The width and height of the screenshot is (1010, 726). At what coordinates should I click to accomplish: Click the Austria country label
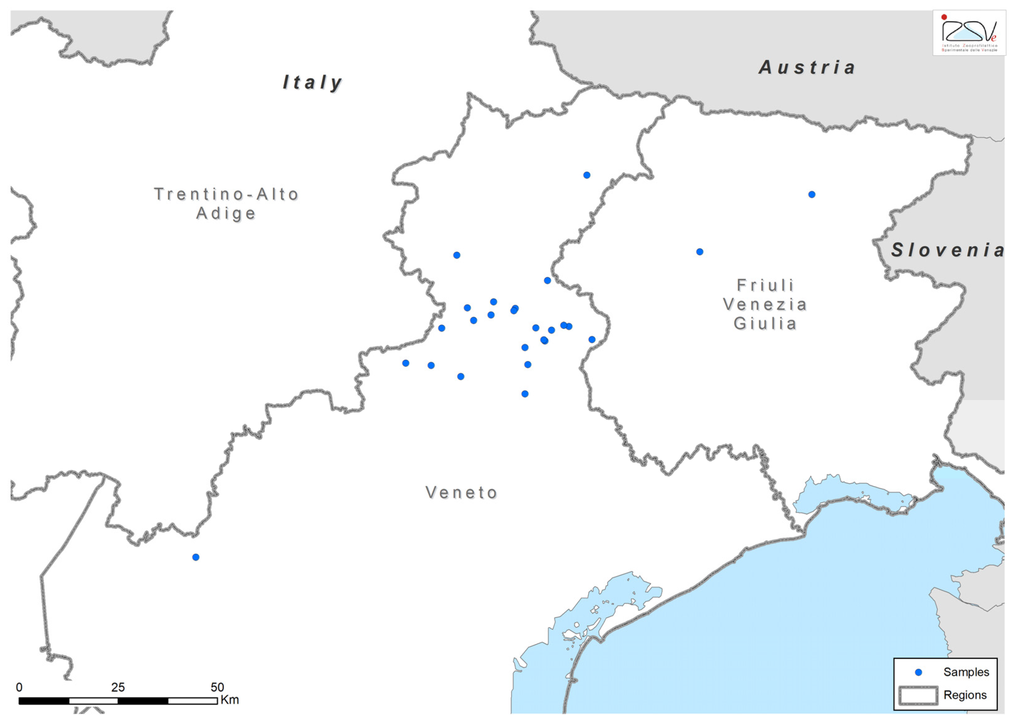(x=807, y=68)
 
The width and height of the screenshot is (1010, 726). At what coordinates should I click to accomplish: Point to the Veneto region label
(x=461, y=492)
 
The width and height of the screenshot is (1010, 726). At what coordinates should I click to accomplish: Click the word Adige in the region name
(x=226, y=213)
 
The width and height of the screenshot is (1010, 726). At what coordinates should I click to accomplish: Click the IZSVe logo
(x=969, y=33)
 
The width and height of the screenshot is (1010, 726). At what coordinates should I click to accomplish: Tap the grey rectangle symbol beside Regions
(x=918, y=695)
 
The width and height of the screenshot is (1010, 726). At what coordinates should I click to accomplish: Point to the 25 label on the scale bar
(x=118, y=687)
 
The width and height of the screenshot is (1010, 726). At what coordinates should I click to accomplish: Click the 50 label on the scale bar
(x=217, y=687)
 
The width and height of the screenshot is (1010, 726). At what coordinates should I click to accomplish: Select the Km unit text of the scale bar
(x=230, y=700)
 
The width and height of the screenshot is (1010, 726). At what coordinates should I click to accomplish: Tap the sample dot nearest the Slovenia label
(x=812, y=195)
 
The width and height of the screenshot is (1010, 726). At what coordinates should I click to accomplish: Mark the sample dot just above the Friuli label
(x=700, y=252)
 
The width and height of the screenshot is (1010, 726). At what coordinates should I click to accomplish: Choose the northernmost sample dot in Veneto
(x=587, y=176)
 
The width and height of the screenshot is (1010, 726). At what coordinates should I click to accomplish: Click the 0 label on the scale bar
(x=19, y=687)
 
